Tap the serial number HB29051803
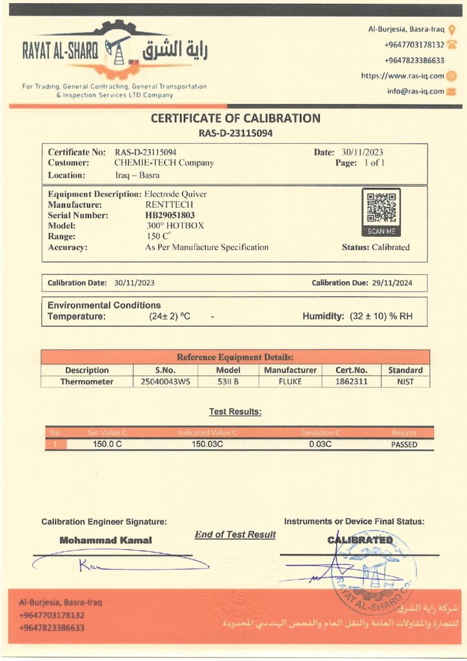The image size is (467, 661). pyautogui.click(x=170, y=216)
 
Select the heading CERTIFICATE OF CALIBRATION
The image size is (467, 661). pyautogui.click(x=235, y=118)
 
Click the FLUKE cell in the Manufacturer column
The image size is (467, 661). pyautogui.click(x=290, y=381)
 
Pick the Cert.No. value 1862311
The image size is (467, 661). pyautogui.click(x=354, y=381)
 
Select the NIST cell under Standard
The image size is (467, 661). pyautogui.click(x=405, y=381)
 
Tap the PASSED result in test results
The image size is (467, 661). pyautogui.click(x=404, y=445)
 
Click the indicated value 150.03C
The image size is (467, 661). pyautogui.click(x=207, y=445)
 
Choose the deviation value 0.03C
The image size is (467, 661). pyautogui.click(x=321, y=445)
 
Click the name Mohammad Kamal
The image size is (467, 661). pyautogui.click(x=106, y=540)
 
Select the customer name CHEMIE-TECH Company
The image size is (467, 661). pyautogui.click(x=164, y=163)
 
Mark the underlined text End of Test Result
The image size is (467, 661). pyautogui.click(x=235, y=534)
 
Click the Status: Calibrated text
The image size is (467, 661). pyautogui.click(x=375, y=247)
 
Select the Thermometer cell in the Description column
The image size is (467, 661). pyautogui.click(x=87, y=381)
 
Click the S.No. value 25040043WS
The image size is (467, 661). pyautogui.click(x=165, y=381)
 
